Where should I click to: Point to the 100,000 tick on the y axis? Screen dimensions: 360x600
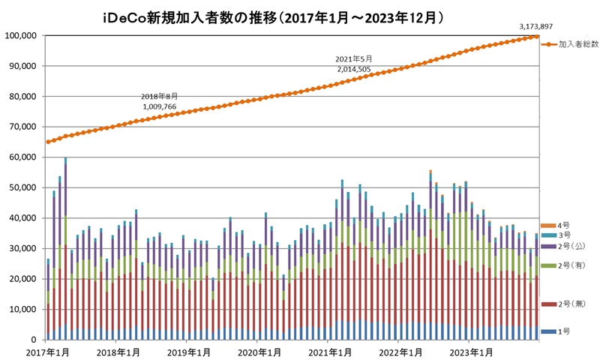(22, 35)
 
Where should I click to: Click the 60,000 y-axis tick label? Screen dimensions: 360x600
(24, 157)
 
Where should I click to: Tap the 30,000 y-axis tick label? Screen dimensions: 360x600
(24, 248)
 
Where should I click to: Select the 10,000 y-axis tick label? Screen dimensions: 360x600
(24, 309)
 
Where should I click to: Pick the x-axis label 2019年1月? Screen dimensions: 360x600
(187, 352)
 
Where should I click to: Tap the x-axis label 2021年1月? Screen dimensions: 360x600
(328, 352)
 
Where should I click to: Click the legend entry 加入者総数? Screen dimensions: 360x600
(577, 45)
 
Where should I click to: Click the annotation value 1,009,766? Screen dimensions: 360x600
(160, 106)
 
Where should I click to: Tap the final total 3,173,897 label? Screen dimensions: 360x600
(536, 27)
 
